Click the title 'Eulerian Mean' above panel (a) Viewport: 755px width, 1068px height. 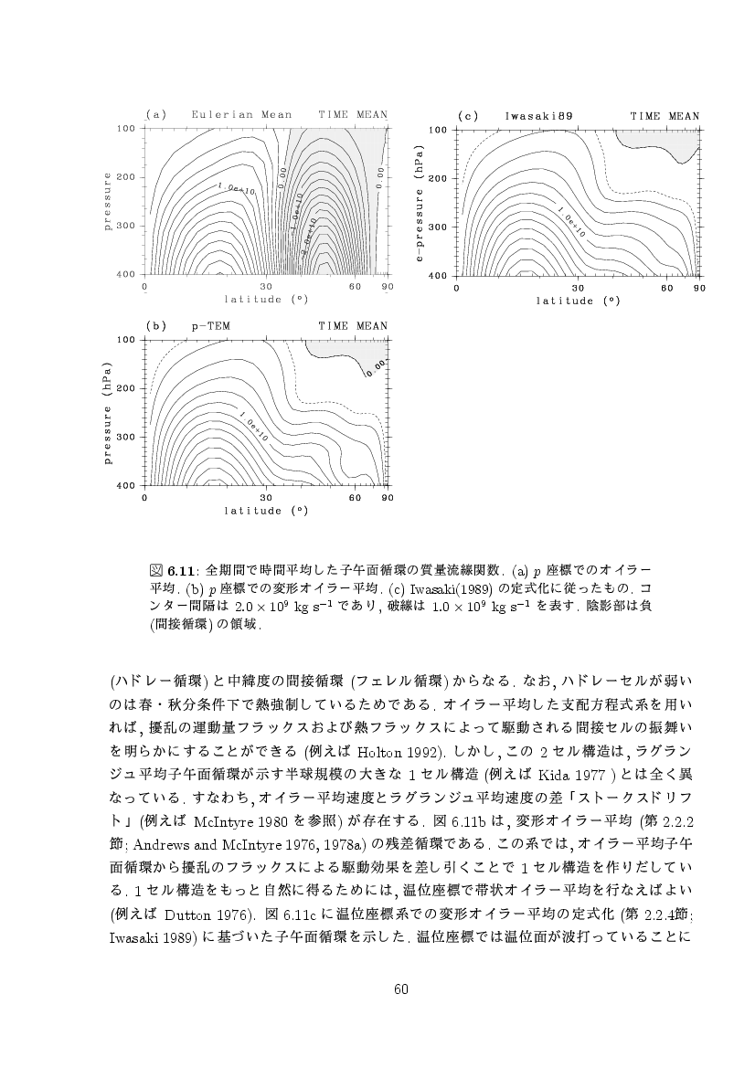pos(242,115)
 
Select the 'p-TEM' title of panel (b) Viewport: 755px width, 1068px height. pos(210,326)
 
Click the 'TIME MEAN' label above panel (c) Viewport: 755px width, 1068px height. pos(665,117)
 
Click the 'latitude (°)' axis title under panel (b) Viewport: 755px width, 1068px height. pos(265,511)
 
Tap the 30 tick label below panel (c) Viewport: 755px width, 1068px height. pos(578,289)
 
